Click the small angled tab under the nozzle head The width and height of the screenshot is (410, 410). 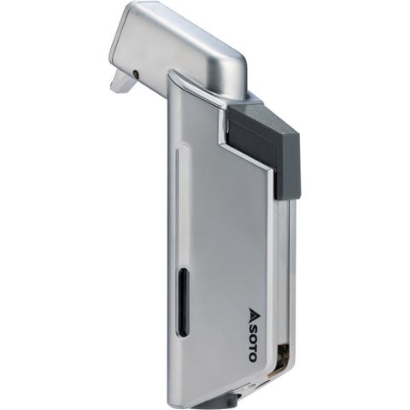click(122, 82)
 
